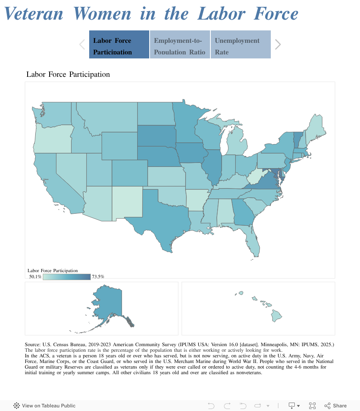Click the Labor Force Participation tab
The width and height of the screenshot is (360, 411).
click(x=119, y=44)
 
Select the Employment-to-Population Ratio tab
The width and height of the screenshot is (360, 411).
click(x=180, y=44)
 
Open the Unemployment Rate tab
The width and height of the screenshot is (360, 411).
click(x=240, y=44)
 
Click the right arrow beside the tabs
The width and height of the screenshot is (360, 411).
click(x=278, y=44)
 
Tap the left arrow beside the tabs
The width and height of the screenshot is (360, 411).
click(x=82, y=44)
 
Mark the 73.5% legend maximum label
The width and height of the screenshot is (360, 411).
click(x=98, y=277)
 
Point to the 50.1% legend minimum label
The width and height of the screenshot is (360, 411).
click(x=35, y=277)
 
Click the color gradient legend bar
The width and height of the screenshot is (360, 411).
click(x=67, y=277)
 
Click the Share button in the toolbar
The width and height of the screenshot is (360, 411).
click(x=336, y=405)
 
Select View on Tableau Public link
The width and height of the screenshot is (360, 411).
click(x=44, y=405)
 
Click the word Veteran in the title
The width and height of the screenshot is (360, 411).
click(x=34, y=14)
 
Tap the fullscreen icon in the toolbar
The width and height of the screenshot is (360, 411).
click(x=312, y=405)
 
